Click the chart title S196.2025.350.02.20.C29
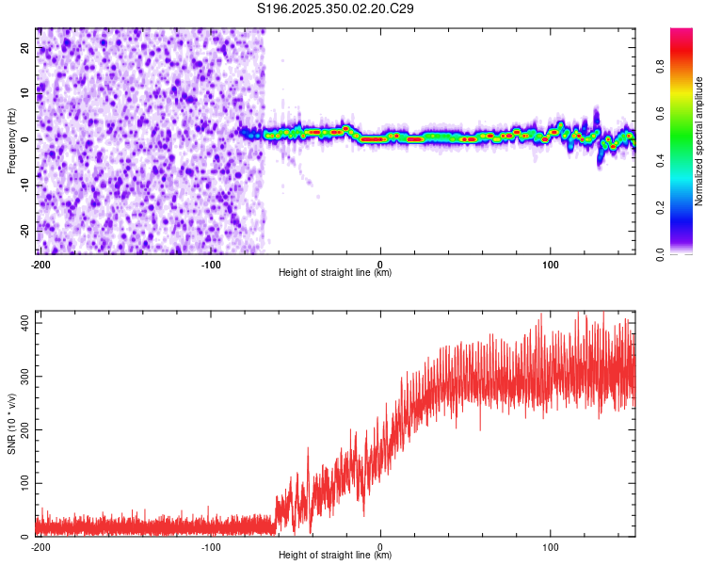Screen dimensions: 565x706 pos(336,8)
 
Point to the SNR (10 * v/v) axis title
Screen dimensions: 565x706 pos(11,423)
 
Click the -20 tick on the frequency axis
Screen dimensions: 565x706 pos(24,230)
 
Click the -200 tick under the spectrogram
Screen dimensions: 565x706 pos(40,264)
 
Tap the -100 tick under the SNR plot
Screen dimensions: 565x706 pos(211,546)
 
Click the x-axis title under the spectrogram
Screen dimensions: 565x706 pos(335,273)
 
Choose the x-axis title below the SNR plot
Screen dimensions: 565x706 pos(335,556)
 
